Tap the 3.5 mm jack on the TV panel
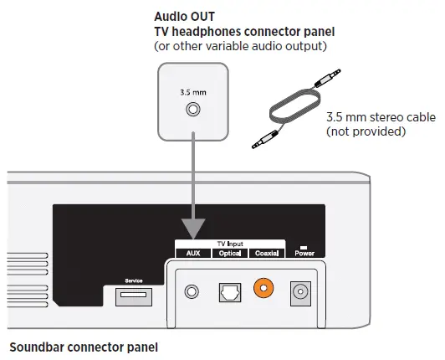pyautogui.click(x=195, y=109)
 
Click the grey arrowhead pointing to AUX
pyautogui.click(x=194, y=229)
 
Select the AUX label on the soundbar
pyautogui.click(x=194, y=253)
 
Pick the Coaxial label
pyautogui.click(x=266, y=253)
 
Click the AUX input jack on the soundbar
pyautogui.click(x=194, y=292)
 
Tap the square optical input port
pyautogui.click(x=229, y=292)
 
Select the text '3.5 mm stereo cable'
pyautogui.click(x=381, y=117)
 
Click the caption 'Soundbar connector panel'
pyautogui.click(x=83, y=346)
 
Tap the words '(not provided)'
pyautogui.click(x=365, y=131)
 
